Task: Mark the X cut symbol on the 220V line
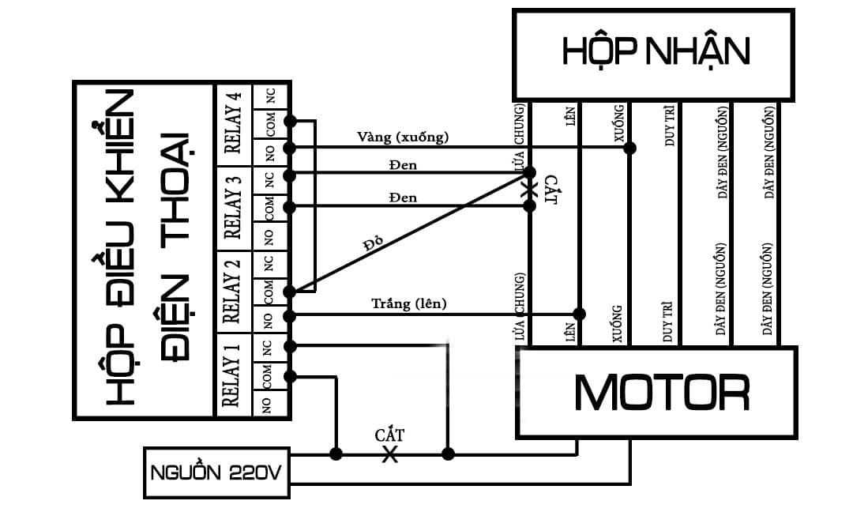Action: [389, 454]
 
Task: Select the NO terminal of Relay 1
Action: [266, 404]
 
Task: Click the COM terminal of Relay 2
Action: [269, 291]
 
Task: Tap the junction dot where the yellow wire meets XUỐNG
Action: [629, 148]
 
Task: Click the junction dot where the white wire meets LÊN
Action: [580, 314]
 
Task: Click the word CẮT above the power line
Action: [389, 435]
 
